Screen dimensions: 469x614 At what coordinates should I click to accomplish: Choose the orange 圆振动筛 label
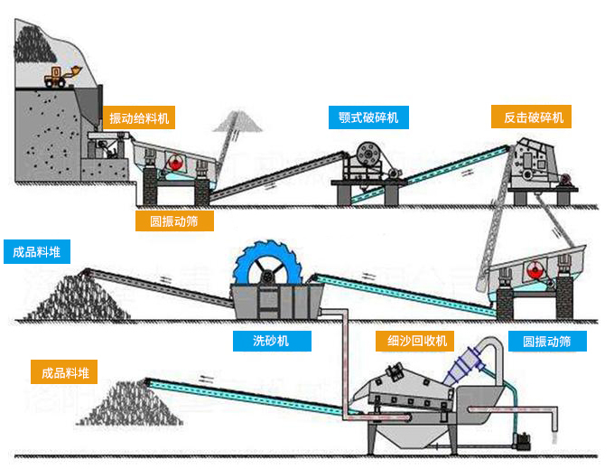click(173, 220)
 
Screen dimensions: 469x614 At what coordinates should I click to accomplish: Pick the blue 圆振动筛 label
click(546, 341)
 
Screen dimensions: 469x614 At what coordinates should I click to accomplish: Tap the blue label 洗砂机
click(272, 341)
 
